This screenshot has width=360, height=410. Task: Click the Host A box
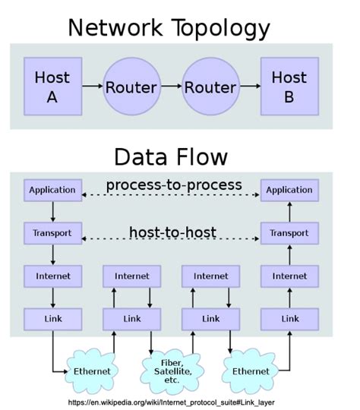(x=52, y=86)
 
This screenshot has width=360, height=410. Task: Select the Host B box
(x=289, y=86)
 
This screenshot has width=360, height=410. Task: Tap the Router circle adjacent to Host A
(x=131, y=86)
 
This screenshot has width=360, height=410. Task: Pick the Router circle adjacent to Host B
(x=210, y=86)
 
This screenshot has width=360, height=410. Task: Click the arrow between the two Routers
(x=170, y=86)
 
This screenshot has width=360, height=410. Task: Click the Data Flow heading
(x=170, y=156)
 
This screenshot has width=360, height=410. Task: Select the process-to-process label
(x=174, y=184)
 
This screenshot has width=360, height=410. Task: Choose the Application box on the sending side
(x=52, y=190)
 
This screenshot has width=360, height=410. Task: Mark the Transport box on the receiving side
(x=289, y=232)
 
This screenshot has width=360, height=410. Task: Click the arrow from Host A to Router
(x=91, y=86)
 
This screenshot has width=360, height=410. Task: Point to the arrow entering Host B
(x=249, y=86)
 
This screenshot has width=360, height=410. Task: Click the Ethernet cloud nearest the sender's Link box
(x=91, y=371)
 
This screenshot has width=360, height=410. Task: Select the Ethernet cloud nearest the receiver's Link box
(x=250, y=371)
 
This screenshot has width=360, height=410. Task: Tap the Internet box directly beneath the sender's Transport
(x=52, y=276)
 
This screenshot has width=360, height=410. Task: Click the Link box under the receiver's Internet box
(x=289, y=319)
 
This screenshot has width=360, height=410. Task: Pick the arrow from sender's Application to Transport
(x=52, y=211)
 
